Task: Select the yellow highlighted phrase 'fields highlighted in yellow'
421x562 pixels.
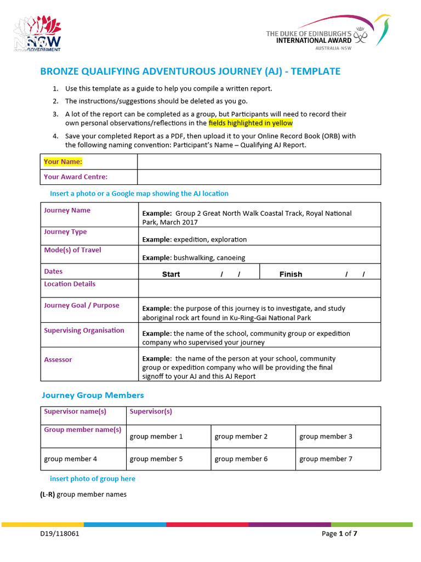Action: click(x=251, y=123)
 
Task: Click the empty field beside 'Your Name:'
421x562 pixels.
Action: click(x=259, y=162)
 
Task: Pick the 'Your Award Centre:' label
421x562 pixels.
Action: click(x=76, y=177)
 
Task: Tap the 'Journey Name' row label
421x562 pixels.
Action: click(x=67, y=210)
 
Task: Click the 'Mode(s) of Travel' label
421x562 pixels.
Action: click(x=72, y=250)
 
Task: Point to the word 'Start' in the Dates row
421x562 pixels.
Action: click(x=171, y=274)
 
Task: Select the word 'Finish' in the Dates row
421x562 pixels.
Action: click(x=291, y=274)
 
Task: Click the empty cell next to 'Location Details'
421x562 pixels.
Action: click(x=259, y=288)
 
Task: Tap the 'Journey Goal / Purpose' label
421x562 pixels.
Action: click(x=81, y=305)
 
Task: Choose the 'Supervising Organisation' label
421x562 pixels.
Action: click(x=84, y=330)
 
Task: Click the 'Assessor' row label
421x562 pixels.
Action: click(x=58, y=359)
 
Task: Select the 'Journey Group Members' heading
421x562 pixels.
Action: click(x=93, y=395)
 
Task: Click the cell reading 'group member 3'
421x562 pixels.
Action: click(x=326, y=436)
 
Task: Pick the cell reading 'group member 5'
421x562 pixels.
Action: click(x=156, y=459)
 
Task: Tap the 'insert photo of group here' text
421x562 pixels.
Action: click(x=93, y=479)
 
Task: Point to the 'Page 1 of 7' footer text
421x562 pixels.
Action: click(x=343, y=533)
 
